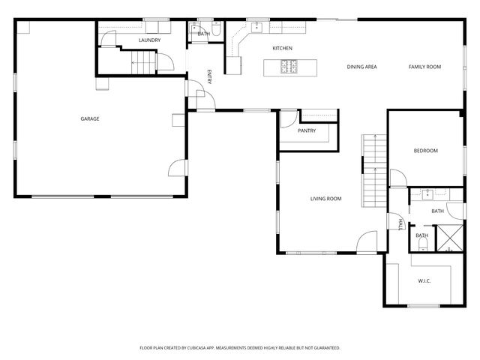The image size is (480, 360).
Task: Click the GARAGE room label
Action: coord(90,118)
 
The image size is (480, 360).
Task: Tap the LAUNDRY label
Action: coord(149,40)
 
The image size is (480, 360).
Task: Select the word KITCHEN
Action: coord(282,49)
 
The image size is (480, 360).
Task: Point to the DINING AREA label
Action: coord(361,67)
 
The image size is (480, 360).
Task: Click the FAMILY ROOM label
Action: coord(424,67)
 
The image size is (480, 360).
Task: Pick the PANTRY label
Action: coord(306,130)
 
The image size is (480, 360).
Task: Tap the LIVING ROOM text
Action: coord(326,199)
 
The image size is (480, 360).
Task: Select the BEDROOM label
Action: coord(425,151)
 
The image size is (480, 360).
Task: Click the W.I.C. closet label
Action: coord(424,280)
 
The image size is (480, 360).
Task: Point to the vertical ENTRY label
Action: coord(209,77)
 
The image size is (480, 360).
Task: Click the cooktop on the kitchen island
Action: coord(289,67)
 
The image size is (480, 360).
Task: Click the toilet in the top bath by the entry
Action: coord(215,32)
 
